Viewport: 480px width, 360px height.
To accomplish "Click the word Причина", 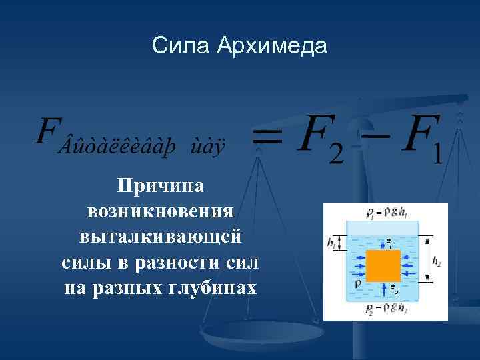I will (161, 186).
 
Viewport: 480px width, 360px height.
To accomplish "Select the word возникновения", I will (161, 211).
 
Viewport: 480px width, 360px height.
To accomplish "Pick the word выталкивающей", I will (161, 237).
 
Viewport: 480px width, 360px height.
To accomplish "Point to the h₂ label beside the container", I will (437, 262).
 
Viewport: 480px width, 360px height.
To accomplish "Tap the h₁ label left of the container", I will (332, 242).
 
